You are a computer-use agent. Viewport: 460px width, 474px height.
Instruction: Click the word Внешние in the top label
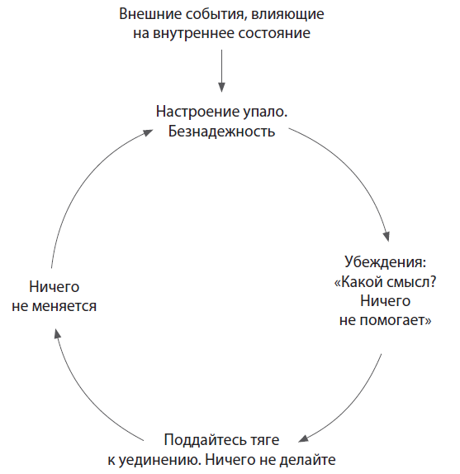149,14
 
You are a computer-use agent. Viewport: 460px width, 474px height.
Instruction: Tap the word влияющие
287,15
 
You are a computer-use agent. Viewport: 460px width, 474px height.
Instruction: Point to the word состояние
274,33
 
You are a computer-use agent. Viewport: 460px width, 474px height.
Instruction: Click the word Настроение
197,113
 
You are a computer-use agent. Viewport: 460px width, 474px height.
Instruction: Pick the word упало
265,113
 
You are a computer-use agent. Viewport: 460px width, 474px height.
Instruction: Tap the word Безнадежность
221,132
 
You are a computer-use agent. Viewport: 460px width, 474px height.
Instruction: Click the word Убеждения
385,261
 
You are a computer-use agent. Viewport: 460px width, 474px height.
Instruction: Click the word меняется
64,306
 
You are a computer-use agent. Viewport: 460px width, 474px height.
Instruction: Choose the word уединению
159,460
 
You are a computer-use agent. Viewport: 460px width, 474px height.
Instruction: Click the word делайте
307,460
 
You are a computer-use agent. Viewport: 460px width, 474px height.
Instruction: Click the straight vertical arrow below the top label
221,71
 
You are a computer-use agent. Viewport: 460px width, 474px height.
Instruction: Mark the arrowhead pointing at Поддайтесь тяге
303,438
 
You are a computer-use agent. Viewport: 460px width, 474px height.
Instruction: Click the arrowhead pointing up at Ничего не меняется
57,333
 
